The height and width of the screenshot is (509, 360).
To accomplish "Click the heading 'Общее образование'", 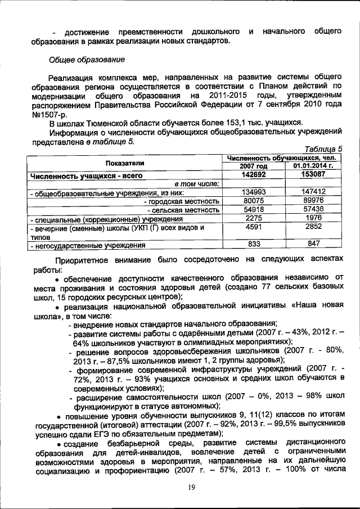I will pyautogui.click(x=84, y=60).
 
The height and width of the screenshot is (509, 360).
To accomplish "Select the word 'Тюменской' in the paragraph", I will pyautogui.click(x=110, y=122).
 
